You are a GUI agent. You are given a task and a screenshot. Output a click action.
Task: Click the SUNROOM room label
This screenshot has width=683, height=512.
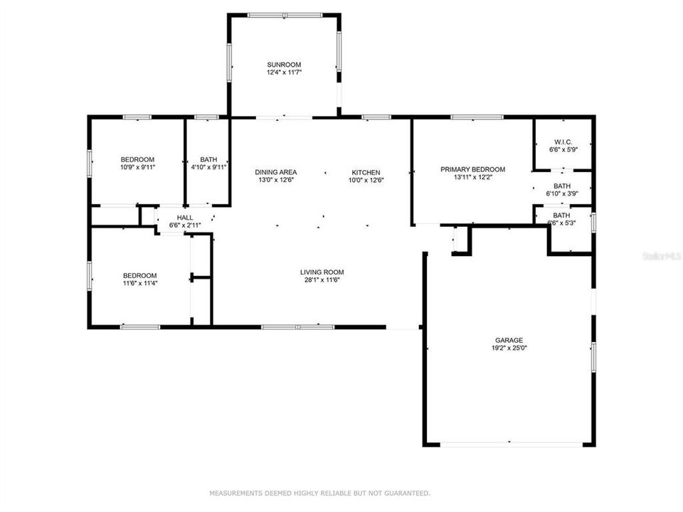click(x=284, y=64)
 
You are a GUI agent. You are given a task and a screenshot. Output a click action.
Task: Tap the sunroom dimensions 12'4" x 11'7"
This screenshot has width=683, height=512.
click(x=284, y=73)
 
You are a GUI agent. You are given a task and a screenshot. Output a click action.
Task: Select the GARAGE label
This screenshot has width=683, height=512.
click(x=509, y=340)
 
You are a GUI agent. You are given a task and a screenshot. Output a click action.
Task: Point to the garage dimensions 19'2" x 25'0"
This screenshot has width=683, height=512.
click(x=509, y=348)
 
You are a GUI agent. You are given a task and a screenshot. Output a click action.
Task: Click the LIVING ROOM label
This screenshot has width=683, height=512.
click(x=322, y=272)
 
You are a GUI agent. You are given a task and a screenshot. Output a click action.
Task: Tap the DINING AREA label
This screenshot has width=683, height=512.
click(x=276, y=172)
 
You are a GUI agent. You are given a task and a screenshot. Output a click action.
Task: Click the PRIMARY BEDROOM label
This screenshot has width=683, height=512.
click(x=472, y=169)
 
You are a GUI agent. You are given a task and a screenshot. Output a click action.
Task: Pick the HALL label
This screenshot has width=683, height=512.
click(x=185, y=218)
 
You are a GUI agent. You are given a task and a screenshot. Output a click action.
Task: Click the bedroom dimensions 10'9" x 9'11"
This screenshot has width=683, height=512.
click(x=138, y=168)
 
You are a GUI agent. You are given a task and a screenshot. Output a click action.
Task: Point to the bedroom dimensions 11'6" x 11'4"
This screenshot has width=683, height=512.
click(x=140, y=284)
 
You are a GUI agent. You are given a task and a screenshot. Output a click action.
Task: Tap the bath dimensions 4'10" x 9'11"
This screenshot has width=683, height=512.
click(x=208, y=168)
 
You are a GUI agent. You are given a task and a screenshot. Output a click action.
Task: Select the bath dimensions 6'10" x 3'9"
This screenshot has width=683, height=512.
click(x=562, y=193)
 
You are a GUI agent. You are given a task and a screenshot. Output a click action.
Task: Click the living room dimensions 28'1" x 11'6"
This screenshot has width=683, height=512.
click(x=322, y=280)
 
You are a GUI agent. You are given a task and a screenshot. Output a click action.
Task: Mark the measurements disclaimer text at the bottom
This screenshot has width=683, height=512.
click(x=319, y=493)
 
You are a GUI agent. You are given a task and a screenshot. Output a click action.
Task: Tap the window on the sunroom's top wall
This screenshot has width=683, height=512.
click(x=284, y=15)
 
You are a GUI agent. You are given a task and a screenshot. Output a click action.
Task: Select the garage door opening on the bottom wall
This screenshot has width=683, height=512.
click(x=508, y=444)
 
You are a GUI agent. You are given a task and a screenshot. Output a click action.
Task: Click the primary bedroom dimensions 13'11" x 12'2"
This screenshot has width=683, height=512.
click(x=472, y=178)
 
